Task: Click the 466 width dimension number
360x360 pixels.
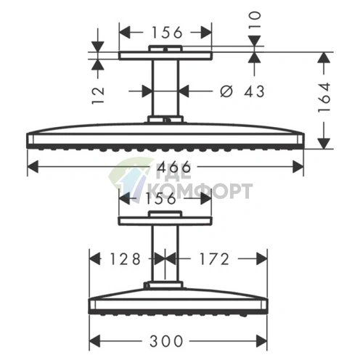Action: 173,167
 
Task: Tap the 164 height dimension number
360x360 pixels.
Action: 324,97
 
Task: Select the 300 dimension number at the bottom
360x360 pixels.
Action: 166,341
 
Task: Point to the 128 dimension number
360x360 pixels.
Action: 125,259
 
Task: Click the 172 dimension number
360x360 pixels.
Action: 214,259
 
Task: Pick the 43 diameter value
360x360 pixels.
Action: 254,91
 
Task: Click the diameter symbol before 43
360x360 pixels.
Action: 226,91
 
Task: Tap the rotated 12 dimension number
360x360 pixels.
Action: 98,95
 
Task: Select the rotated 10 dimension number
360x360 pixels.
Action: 255,20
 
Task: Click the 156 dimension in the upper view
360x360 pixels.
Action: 167,33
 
